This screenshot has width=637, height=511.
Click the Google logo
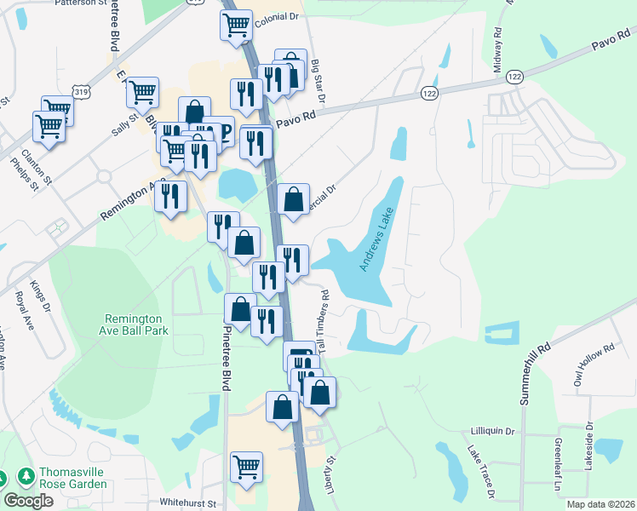pos(28,501)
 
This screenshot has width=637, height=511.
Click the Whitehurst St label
pos(188,504)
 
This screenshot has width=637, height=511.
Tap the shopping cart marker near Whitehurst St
pos(246,466)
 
